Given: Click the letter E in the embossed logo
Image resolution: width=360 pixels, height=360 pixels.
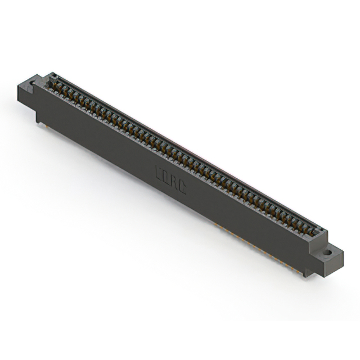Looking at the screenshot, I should click(158, 171).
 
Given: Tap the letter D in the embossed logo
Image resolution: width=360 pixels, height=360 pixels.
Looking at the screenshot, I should click(165, 174).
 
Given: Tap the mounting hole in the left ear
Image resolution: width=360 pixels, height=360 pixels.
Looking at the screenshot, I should click(33, 84).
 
